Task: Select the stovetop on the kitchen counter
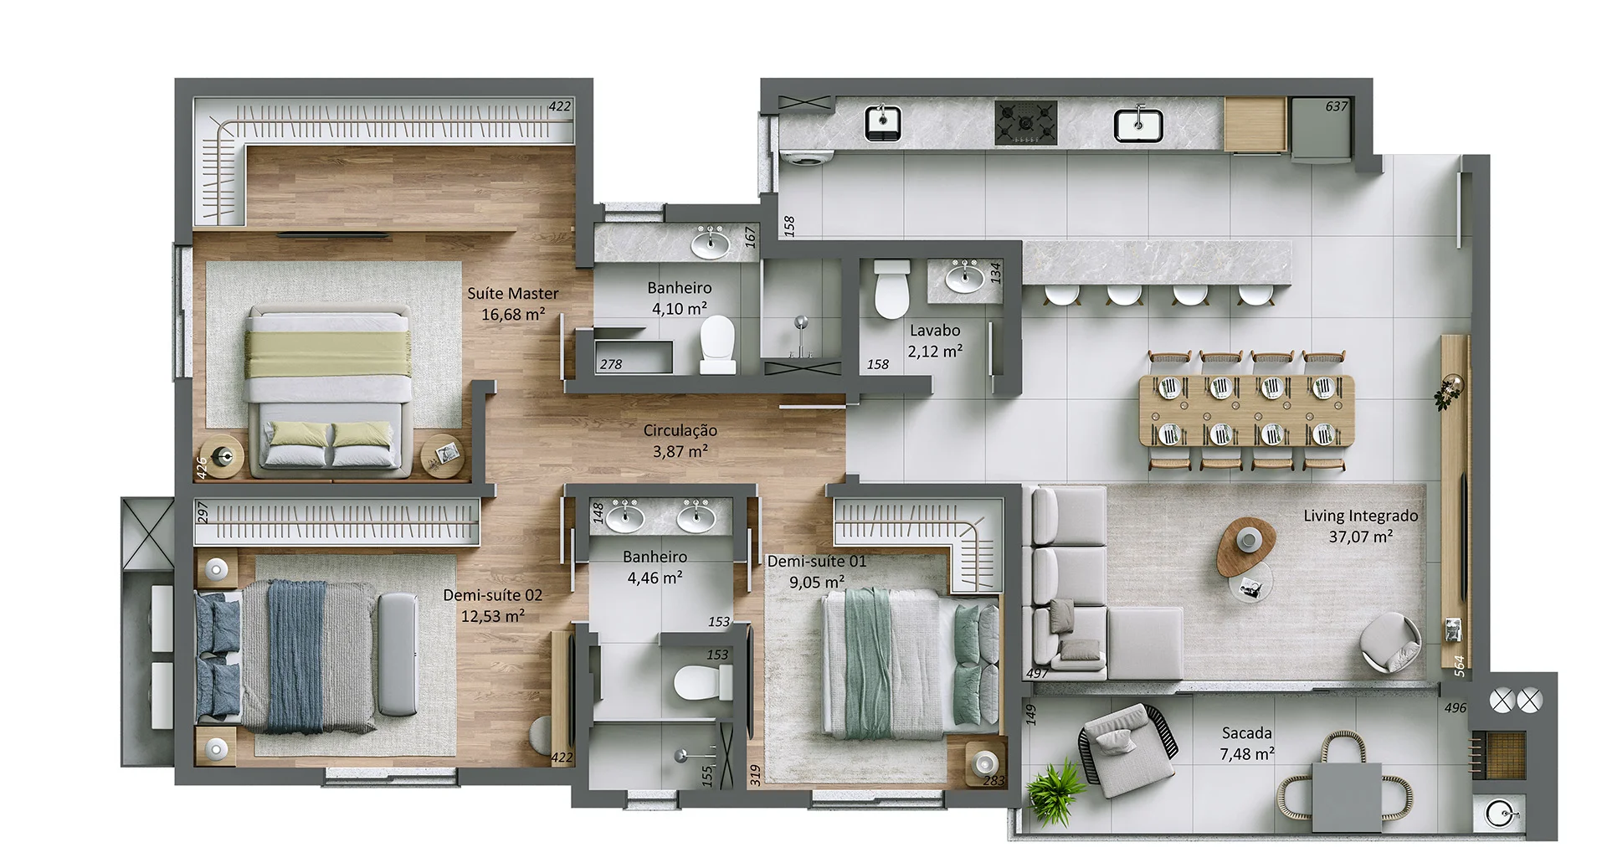(1025, 123)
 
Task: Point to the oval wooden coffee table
(1245, 545)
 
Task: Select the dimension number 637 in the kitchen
(1336, 106)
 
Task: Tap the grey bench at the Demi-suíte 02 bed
(398, 655)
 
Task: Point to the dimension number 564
(1459, 665)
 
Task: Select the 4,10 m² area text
(679, 309)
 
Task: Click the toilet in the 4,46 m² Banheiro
(699, 683)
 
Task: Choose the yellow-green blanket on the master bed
(331, 353)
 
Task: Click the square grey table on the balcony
(1346, 798)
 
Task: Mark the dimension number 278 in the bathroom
(611, 364)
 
